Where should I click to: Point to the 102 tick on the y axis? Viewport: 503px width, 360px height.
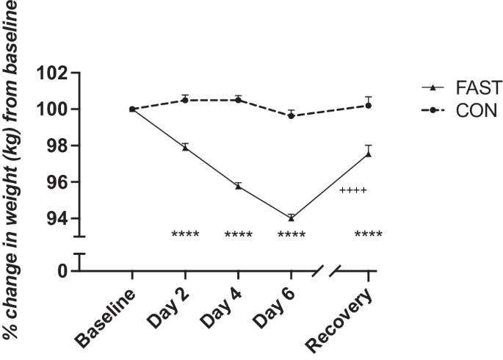50,73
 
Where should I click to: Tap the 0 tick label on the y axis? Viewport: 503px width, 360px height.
62,271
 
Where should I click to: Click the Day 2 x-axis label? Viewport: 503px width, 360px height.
165,309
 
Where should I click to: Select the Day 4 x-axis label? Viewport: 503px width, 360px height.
218,309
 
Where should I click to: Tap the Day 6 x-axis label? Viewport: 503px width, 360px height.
271,309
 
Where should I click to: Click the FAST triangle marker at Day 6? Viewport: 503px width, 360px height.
292,218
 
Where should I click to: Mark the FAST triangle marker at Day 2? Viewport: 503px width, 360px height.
185,148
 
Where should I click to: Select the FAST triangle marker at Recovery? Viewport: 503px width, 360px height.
369,154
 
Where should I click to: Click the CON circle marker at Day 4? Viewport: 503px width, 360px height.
238,100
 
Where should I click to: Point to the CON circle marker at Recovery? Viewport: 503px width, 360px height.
369,105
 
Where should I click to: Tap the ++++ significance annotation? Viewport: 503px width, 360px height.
353,190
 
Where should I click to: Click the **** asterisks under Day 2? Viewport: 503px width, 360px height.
185,235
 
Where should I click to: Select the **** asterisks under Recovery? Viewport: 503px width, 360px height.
368,235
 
